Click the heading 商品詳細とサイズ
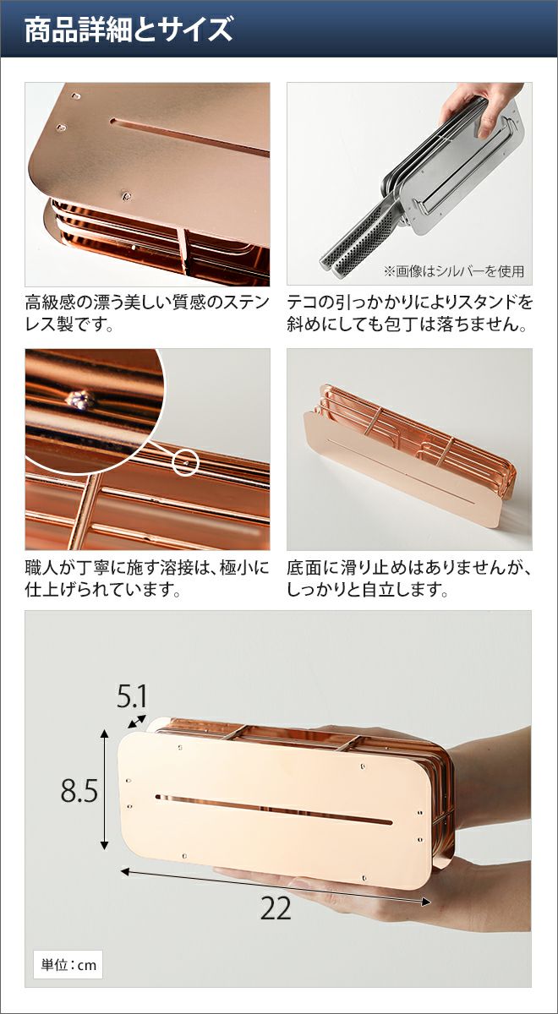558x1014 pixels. click(129, 30)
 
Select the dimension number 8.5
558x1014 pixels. click(79, 790)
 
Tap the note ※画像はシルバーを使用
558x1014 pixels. click(454, 271)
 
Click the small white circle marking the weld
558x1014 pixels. click(186, 463)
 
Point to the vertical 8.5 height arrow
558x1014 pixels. click(105, 789)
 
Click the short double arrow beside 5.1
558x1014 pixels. click(137, 721)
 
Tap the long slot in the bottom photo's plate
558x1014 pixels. click(274, 809)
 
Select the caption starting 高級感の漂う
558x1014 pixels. click(147, 313)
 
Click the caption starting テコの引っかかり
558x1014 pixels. click(409, 313)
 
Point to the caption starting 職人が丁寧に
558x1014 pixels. click(147, 579)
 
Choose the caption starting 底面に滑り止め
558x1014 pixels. click(409, 579)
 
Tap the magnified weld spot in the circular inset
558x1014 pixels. click(79, 399)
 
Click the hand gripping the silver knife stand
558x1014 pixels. click(483, 109)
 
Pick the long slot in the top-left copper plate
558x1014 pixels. click(190, 136)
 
